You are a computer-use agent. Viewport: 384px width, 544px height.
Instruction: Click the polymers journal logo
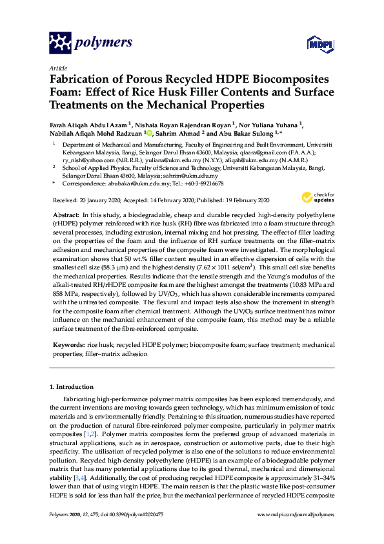[x=91, y=43]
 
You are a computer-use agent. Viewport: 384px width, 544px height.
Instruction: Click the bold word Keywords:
[x=68, y=346]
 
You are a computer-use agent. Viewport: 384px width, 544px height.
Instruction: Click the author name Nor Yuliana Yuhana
[x=271, y=123]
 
